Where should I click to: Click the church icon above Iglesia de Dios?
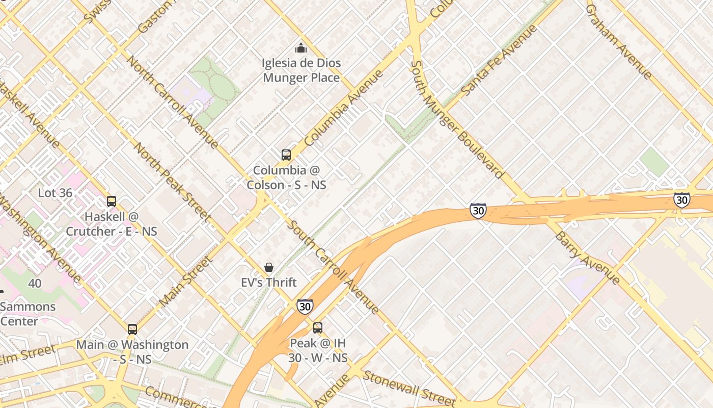[301, 48]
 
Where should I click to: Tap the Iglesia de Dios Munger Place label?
[301, 70]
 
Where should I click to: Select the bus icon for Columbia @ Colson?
[286, 155]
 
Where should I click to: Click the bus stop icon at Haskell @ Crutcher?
[112, 201]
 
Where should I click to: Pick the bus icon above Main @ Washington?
[132, 329]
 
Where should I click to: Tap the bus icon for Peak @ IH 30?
[318, 328]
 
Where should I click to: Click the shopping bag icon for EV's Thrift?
[269, 267]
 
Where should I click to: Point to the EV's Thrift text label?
[269, 282]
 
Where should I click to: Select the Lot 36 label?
[56, 193]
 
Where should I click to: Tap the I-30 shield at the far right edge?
[681, 200]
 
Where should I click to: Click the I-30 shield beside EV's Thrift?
[305, 306]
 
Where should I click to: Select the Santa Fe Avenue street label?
[499, 60]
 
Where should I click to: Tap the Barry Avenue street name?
[587, 258]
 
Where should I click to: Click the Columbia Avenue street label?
[344, 108]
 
